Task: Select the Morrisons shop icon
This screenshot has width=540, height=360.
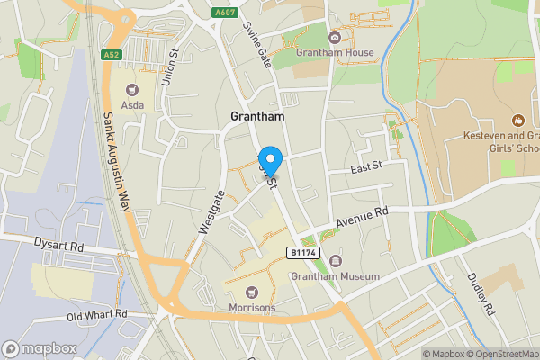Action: coord(250,291)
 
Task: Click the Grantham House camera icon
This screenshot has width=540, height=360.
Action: coord(334,37)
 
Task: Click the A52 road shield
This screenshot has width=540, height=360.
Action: coord(111,54)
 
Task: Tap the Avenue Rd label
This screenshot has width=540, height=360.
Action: coord(362,217)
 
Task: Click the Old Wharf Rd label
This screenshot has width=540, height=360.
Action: coord(98,316)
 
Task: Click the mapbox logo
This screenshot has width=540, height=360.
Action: coord(37,348)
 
